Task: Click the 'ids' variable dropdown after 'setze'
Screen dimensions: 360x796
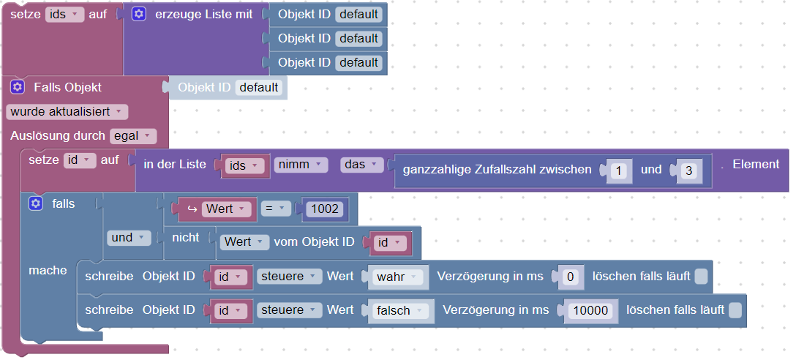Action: [65, 14]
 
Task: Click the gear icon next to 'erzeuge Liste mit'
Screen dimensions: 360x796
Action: [139, 14]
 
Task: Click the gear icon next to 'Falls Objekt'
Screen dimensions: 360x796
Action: [18, 87]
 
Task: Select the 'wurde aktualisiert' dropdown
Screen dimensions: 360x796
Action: [67, 111]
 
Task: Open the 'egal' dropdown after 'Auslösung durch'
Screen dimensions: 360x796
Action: [132, 135]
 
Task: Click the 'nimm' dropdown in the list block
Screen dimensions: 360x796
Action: [301, 165]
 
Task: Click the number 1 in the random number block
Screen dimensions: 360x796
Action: [618, 170]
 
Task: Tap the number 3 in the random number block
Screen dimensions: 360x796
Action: [688, 170]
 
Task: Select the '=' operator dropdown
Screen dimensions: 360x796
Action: [275, 209]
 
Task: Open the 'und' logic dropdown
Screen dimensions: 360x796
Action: [128, 238]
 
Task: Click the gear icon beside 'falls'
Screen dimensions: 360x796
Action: [36, 203]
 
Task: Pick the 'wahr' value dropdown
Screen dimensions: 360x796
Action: [396, 277]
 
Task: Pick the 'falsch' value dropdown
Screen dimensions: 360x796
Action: [399, 310]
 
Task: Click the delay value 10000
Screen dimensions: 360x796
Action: [591, 310]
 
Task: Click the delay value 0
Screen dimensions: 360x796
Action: [572, 277]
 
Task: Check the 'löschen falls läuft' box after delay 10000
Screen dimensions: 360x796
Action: [735, 310]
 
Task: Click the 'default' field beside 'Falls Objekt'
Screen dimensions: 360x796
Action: [259, 87]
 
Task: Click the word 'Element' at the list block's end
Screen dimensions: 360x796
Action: [756, 164]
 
